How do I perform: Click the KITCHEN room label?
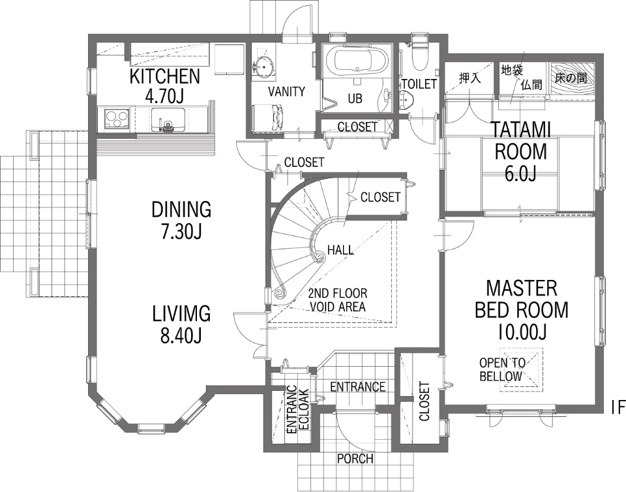[164, 76]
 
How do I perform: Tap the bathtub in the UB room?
[357, 61]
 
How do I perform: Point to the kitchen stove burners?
[117, 118]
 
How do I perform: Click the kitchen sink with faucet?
[168, 119]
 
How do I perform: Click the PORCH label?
[355, 459]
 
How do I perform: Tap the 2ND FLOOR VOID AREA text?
[338, 300]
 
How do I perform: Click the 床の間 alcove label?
[571, 78]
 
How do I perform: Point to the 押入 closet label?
[470, 78]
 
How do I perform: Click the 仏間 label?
[531, 84]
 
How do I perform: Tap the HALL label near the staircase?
[340, 250]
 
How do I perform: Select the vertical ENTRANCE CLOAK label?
[297, 409]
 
